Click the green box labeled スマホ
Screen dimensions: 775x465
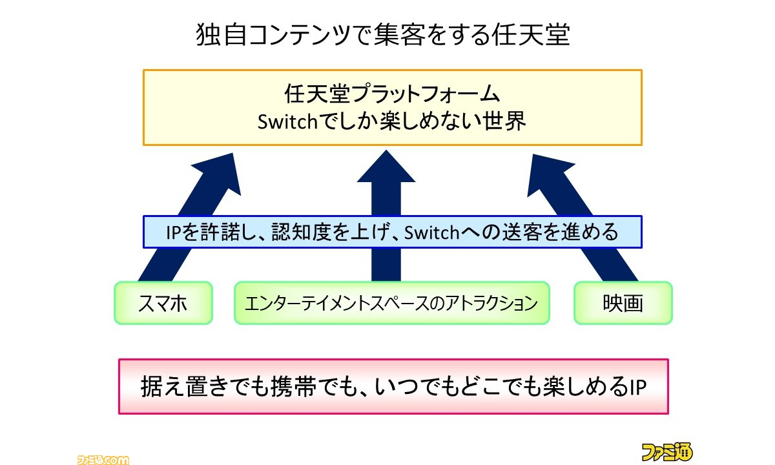pyautogui.click(x=163, y=303)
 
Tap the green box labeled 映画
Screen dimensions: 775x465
pyautogui.click(x=623, y=303)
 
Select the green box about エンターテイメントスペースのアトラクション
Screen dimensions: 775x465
pyautogui.click(x=392, y=303)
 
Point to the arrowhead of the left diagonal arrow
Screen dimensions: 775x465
pyautogui.click(x=222, y=173)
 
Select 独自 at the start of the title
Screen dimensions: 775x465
pyautogui.click(x=222, y=35)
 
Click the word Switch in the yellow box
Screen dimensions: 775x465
pyautogui.click(x=287, y=121)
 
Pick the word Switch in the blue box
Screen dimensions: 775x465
pyautogui.click(x=431, y=232)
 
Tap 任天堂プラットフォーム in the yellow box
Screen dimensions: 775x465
pyautogui.click(x=392, y=94)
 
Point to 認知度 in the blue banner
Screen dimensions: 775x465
pyautogui.click(x=302, y=232)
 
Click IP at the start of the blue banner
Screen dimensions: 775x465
pyautogui.click(x=173, y=232)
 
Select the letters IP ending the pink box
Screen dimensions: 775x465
pyautogui.click(x=638, y=387)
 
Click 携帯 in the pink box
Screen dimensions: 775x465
pyautogui.click(x=293, y=386)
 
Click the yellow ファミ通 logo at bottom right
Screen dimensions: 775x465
pyautogui.click(x=667, y=452)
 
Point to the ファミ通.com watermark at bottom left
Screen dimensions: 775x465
pyautogui.click(x=103, y=460)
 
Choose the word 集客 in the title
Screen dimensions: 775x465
pyautogui.click(x=399, y=35)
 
